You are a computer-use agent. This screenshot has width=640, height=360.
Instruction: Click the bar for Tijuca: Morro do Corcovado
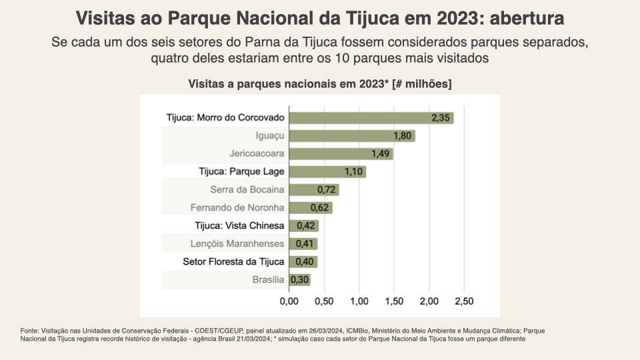pyautogui.click(x=371, y=118)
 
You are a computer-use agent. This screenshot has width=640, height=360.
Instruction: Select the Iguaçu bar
pyautogui.click(x=352, y=136)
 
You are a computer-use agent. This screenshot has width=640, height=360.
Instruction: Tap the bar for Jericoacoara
pyautogui.click(x=341, y=154)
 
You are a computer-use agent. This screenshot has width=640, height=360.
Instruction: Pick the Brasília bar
pyautogui.click(x=299, y=280)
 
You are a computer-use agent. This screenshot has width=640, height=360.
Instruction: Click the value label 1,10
pyautogui.click(x=354, y=172)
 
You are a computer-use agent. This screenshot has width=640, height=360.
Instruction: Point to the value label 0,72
pyautogui.click(x=327, y=190)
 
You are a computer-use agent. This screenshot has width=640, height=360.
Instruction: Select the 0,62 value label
pyautogui.click(x=320, y=208)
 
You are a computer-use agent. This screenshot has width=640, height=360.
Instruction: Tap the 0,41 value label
pyautogui.click(x=305, y=244)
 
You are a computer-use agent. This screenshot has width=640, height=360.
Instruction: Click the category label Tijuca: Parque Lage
pyautogui.click(x=242, y=171)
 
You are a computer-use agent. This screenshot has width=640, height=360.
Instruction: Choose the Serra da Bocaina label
pyautogui.click(x=247, y=189)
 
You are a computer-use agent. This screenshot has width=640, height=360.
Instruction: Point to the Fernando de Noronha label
pyautogui.click(x=237, y=207)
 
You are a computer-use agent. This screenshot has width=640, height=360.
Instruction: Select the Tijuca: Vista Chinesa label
pyautogui.click(x=240, y=225)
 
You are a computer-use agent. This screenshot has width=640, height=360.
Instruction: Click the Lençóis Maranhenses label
pyautogui.click(x=237, y=243)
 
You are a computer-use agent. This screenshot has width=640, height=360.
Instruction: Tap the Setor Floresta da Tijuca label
pyautogui.click(x=233, y=261)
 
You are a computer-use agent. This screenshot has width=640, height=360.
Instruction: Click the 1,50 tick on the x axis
pyautogui.click(x=394, y=301)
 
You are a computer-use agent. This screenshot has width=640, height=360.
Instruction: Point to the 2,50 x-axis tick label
pyautogui.click(x=464, y=301)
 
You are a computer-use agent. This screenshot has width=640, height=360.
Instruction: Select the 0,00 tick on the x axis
pyautogui.click(x=289, y=301)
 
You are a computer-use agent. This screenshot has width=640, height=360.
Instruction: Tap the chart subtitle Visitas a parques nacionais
pyautogui.click(x=320, y=84)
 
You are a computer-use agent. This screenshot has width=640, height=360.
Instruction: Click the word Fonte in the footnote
pyautogui.click(x=29, y=331)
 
